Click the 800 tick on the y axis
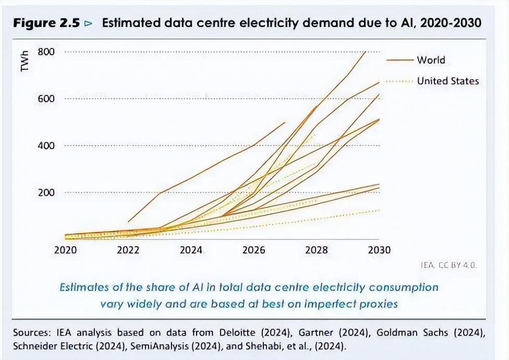tap(46, 52)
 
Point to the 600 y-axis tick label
tap(46, 99)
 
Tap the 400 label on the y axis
tap(46, 146)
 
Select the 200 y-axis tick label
tap(46, 193)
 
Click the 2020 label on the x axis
tap(65, 250)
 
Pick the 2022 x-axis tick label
tap(128, 250)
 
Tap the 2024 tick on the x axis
tap(191, 250)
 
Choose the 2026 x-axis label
tap(254, 250)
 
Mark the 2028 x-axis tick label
tap(317, 250)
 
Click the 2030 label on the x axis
tap(379, 250)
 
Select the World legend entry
tap(431, 60)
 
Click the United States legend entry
tap(447, 81)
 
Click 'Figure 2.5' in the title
tap(46, 23)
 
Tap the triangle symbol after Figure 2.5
tap(88, 23)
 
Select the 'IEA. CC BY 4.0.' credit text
tap(449, 265)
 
